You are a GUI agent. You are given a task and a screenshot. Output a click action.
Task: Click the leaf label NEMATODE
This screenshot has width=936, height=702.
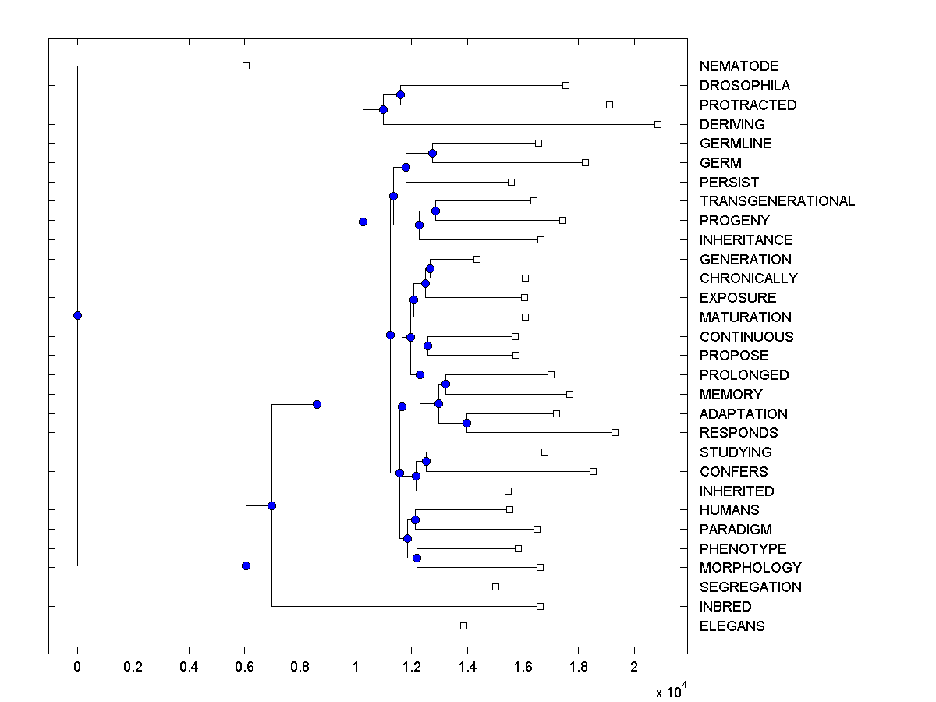tap(739, 66)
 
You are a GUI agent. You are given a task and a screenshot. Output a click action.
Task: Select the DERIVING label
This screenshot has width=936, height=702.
tap(732, 125)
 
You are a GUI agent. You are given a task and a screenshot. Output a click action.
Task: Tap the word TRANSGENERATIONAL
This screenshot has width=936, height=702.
tap(777, 201)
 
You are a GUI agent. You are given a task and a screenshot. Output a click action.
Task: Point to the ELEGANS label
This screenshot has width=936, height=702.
tap(732, 626)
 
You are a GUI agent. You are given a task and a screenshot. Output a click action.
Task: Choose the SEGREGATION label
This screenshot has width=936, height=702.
tap(750, 587)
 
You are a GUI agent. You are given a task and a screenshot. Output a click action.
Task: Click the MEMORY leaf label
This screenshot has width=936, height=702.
tap(731, 395)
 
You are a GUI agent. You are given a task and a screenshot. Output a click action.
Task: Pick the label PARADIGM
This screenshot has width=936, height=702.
tap(736, 530)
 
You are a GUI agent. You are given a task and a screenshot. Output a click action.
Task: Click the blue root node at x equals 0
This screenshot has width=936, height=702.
tap(77, 315)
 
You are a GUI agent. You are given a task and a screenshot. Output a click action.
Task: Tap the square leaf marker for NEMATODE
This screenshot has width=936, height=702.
tap(246, 66)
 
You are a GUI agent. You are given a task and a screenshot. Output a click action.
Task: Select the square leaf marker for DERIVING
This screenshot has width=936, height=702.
tap(658, 124)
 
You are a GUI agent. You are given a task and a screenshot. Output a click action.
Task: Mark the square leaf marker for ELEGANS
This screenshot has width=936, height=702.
tap(463, 626)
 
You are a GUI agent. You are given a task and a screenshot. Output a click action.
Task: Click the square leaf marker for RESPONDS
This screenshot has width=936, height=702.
tap(615, 432)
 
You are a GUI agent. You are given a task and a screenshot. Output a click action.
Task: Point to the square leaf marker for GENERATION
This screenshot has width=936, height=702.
tap(477, 259)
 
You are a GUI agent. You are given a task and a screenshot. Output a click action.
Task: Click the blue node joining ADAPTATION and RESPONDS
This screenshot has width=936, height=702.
tap(466, 423)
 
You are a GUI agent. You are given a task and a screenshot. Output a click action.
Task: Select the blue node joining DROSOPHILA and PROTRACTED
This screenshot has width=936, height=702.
tap(400, 94)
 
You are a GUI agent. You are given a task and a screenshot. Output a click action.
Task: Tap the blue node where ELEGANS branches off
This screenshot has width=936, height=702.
tap(246, 565)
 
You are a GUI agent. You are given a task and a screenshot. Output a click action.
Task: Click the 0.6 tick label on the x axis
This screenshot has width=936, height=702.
tap(244, 667)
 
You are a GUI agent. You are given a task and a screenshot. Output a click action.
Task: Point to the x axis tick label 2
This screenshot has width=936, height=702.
tap(634, 667)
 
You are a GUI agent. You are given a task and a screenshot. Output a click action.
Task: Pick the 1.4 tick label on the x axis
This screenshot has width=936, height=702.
tap(467, 667)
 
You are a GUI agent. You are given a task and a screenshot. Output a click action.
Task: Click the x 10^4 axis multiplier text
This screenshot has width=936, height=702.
tap(669, 691)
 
